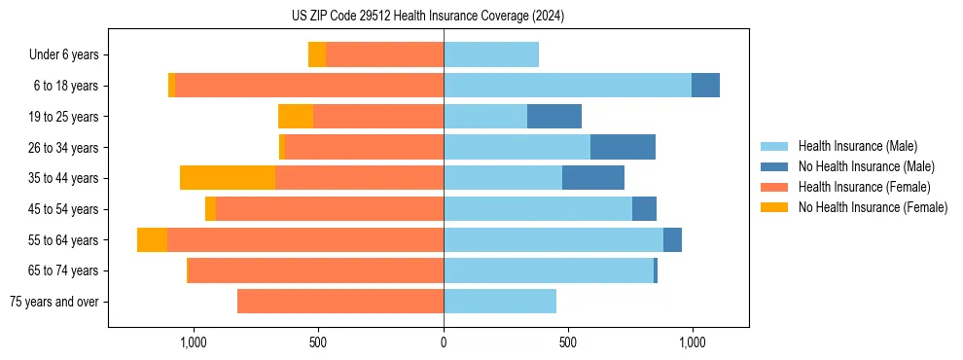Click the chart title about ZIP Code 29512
click(428, 17)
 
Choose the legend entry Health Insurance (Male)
click(857, 146)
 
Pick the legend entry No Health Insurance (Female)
click(873, 207)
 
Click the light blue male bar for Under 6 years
click(491, 54)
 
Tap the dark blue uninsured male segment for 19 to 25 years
click(554, 117)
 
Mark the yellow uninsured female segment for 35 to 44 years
click(228, 178)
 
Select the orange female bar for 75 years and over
click(340, 302)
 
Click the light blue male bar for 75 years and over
click(500, 302)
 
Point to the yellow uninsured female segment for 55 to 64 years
click(152, 239)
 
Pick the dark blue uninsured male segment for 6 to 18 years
click(705, 86)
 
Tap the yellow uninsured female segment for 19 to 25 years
click(296, 117)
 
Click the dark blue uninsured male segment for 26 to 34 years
click(623, 147)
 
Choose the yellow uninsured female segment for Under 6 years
click(317, 54)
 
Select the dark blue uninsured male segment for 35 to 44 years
click(593, 178)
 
